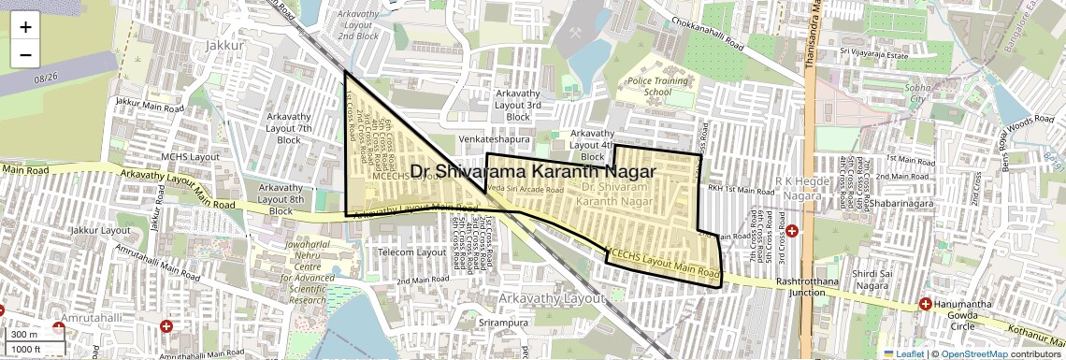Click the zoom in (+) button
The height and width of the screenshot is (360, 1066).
[25, 27]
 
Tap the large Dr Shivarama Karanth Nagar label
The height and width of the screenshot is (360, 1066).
[533, 172]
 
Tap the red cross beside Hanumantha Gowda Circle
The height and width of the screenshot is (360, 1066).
[925, 304]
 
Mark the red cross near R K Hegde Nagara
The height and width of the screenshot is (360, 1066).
[791, 230]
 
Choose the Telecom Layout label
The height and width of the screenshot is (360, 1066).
[411, 252]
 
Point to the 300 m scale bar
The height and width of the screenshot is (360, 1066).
[25, 335]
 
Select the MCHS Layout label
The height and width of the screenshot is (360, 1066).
[190, 157]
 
